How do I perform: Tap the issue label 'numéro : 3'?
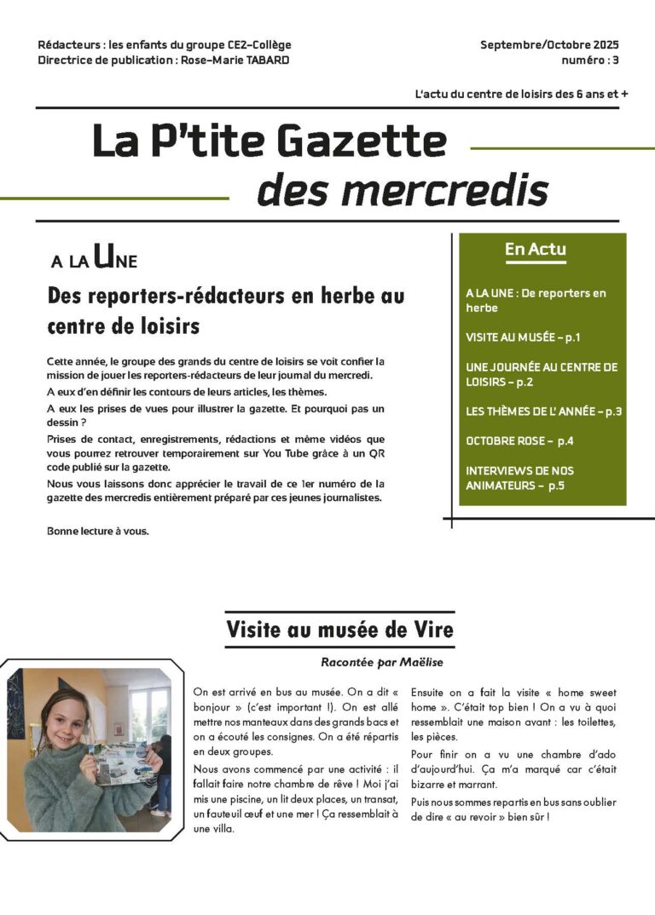(x=590, y=60)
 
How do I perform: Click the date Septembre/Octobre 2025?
(x=549, y=45)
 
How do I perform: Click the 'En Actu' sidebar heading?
(x=536, y=250)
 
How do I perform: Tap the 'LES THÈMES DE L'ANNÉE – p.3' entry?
(x=543, y=411)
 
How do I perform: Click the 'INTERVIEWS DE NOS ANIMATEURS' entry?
(x=519, y=478)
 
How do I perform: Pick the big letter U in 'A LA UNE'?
(x=102, y=256)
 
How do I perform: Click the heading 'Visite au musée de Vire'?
(x=339, y=630)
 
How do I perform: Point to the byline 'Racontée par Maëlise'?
(x=382, y=662)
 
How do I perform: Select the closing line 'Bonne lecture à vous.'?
(x=98, y=532)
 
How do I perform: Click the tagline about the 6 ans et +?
(x=521, y=95)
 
